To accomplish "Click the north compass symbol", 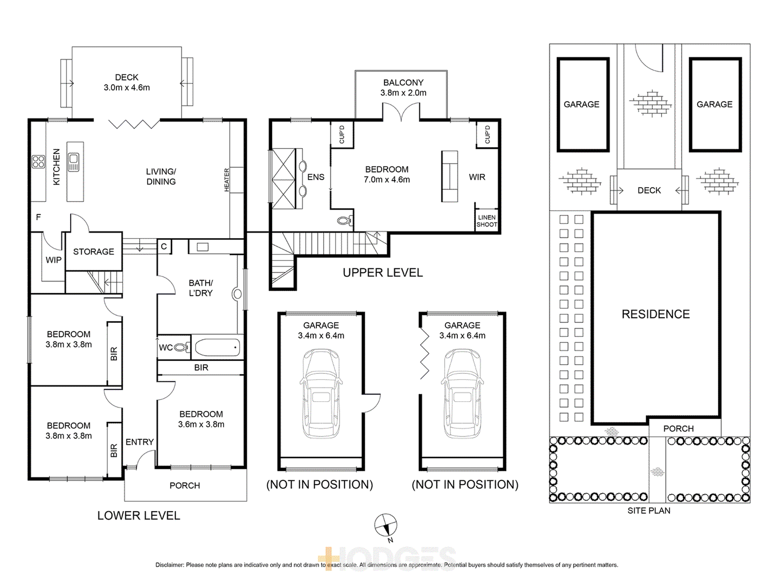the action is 385,525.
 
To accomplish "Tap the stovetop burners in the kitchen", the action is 38,161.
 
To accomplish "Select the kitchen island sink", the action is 74,162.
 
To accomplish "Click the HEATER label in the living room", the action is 227,180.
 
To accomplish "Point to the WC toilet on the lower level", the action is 181,347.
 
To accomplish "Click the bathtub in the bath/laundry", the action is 217,347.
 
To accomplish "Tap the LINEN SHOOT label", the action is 487,221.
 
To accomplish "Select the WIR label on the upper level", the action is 477,177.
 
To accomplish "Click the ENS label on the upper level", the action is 316,177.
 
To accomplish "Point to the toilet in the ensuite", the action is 345,221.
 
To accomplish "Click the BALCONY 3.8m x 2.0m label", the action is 403,88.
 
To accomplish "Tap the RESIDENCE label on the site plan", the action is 655,314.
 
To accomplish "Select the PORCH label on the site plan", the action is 678,429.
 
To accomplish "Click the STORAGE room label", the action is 94,252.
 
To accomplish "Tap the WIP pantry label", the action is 53,260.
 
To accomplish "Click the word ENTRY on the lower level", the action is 139,442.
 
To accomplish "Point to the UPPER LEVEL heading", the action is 383,272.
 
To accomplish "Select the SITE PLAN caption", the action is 649,510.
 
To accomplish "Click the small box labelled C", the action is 164,246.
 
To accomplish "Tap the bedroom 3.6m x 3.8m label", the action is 201,419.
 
